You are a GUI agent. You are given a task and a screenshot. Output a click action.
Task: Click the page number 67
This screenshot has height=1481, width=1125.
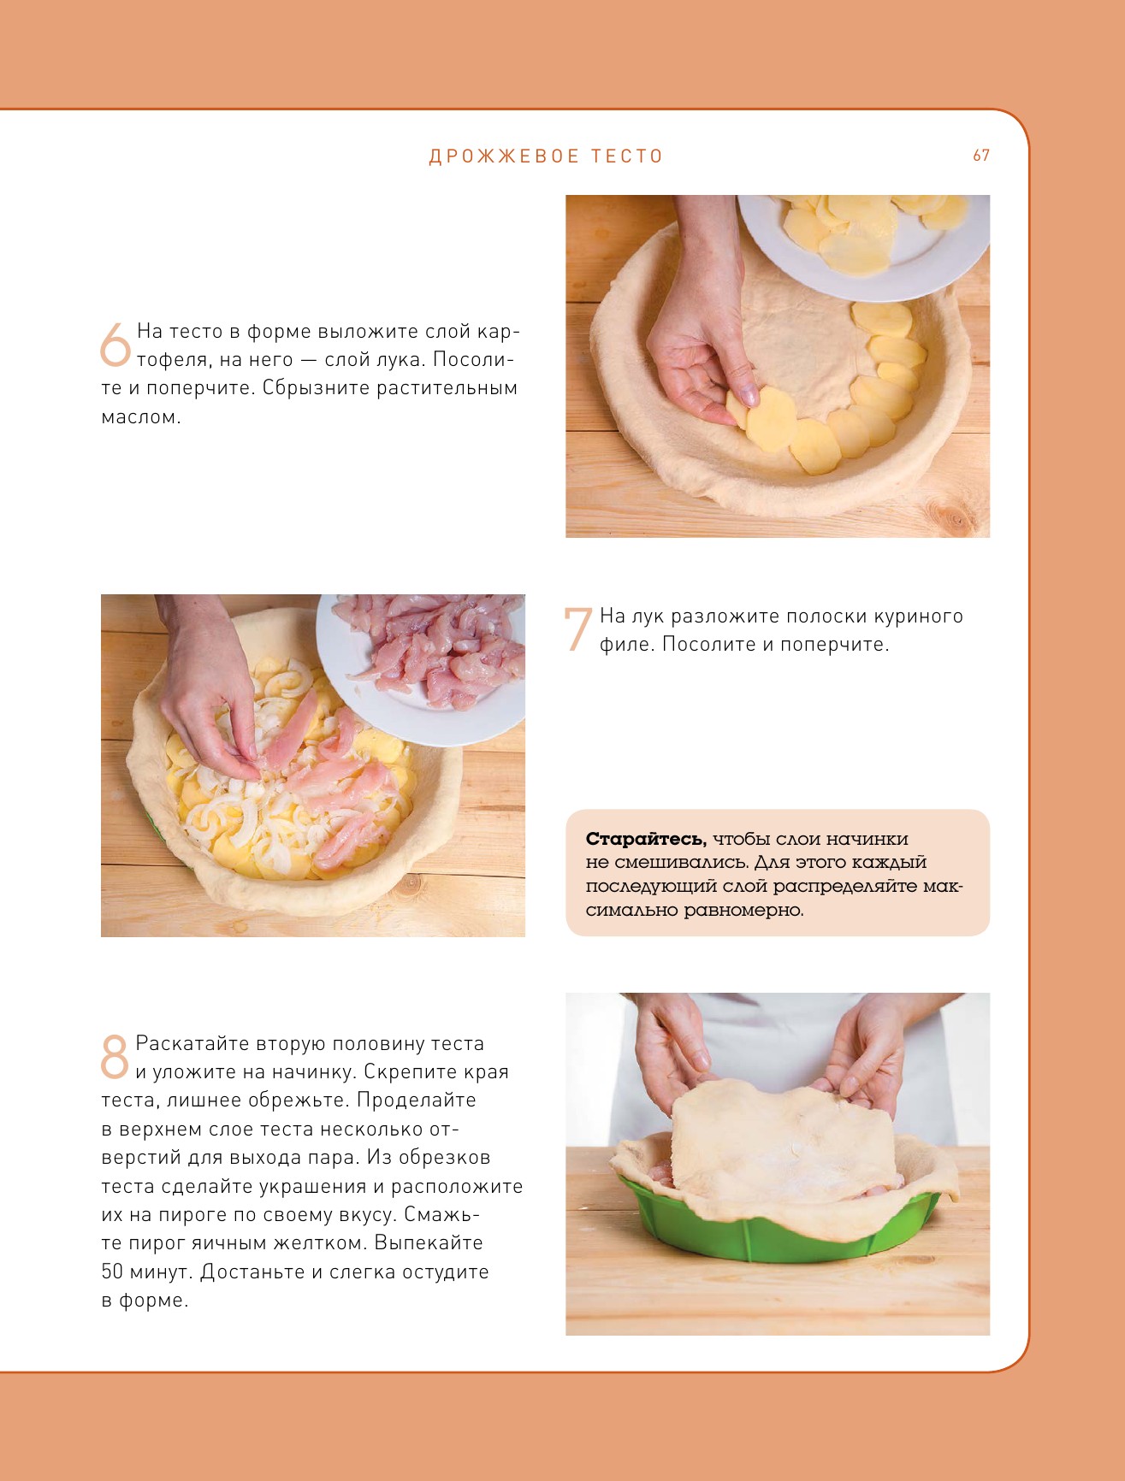click(x=981, y=156)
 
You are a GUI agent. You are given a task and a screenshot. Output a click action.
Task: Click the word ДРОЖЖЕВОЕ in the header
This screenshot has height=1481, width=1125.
click(x=502, y=156)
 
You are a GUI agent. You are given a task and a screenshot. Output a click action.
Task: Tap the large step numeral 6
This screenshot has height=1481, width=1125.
click(x=115, y=345)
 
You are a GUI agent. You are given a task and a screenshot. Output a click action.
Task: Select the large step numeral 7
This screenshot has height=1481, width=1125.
click(x=577, y=629)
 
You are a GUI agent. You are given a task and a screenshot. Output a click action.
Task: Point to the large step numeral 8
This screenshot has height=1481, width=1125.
click(x=114, y=1057)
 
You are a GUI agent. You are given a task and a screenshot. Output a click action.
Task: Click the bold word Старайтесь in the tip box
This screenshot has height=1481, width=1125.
click(x=646, y=839)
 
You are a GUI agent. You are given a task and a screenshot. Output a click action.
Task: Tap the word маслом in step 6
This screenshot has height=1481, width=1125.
click(x=141, y=417)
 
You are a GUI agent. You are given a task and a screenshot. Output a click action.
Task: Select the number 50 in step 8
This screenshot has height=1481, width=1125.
click(x=112, y=1272)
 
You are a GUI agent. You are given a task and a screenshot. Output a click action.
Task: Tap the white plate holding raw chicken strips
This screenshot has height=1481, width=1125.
click(x=420, y=668)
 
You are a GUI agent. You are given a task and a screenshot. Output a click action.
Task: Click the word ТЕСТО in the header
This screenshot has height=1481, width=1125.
click(x=627, y=156)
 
